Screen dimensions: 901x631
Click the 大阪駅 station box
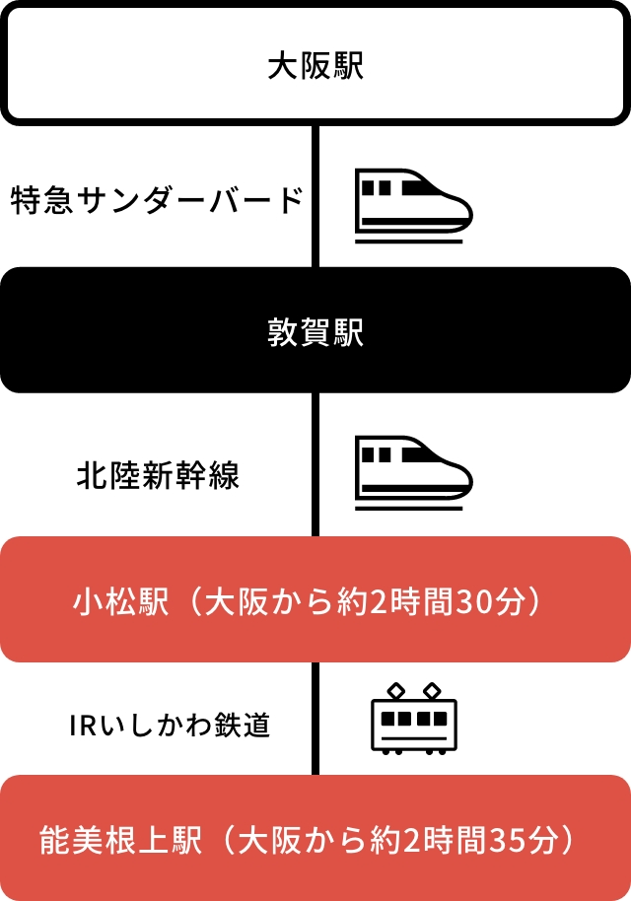[x=315, y=65]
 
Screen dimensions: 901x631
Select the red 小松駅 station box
[x=315, y=599]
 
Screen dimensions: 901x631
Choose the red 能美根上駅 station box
[x=315, y=839]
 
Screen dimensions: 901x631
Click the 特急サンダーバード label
[x=156, y=201]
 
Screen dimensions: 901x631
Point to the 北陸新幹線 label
[x=158, y=478]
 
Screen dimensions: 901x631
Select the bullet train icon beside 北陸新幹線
[x=413, y=474]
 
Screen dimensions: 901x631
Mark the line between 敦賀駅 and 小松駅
[x=315, y=464]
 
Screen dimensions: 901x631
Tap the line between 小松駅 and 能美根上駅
[x=315, y=719]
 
